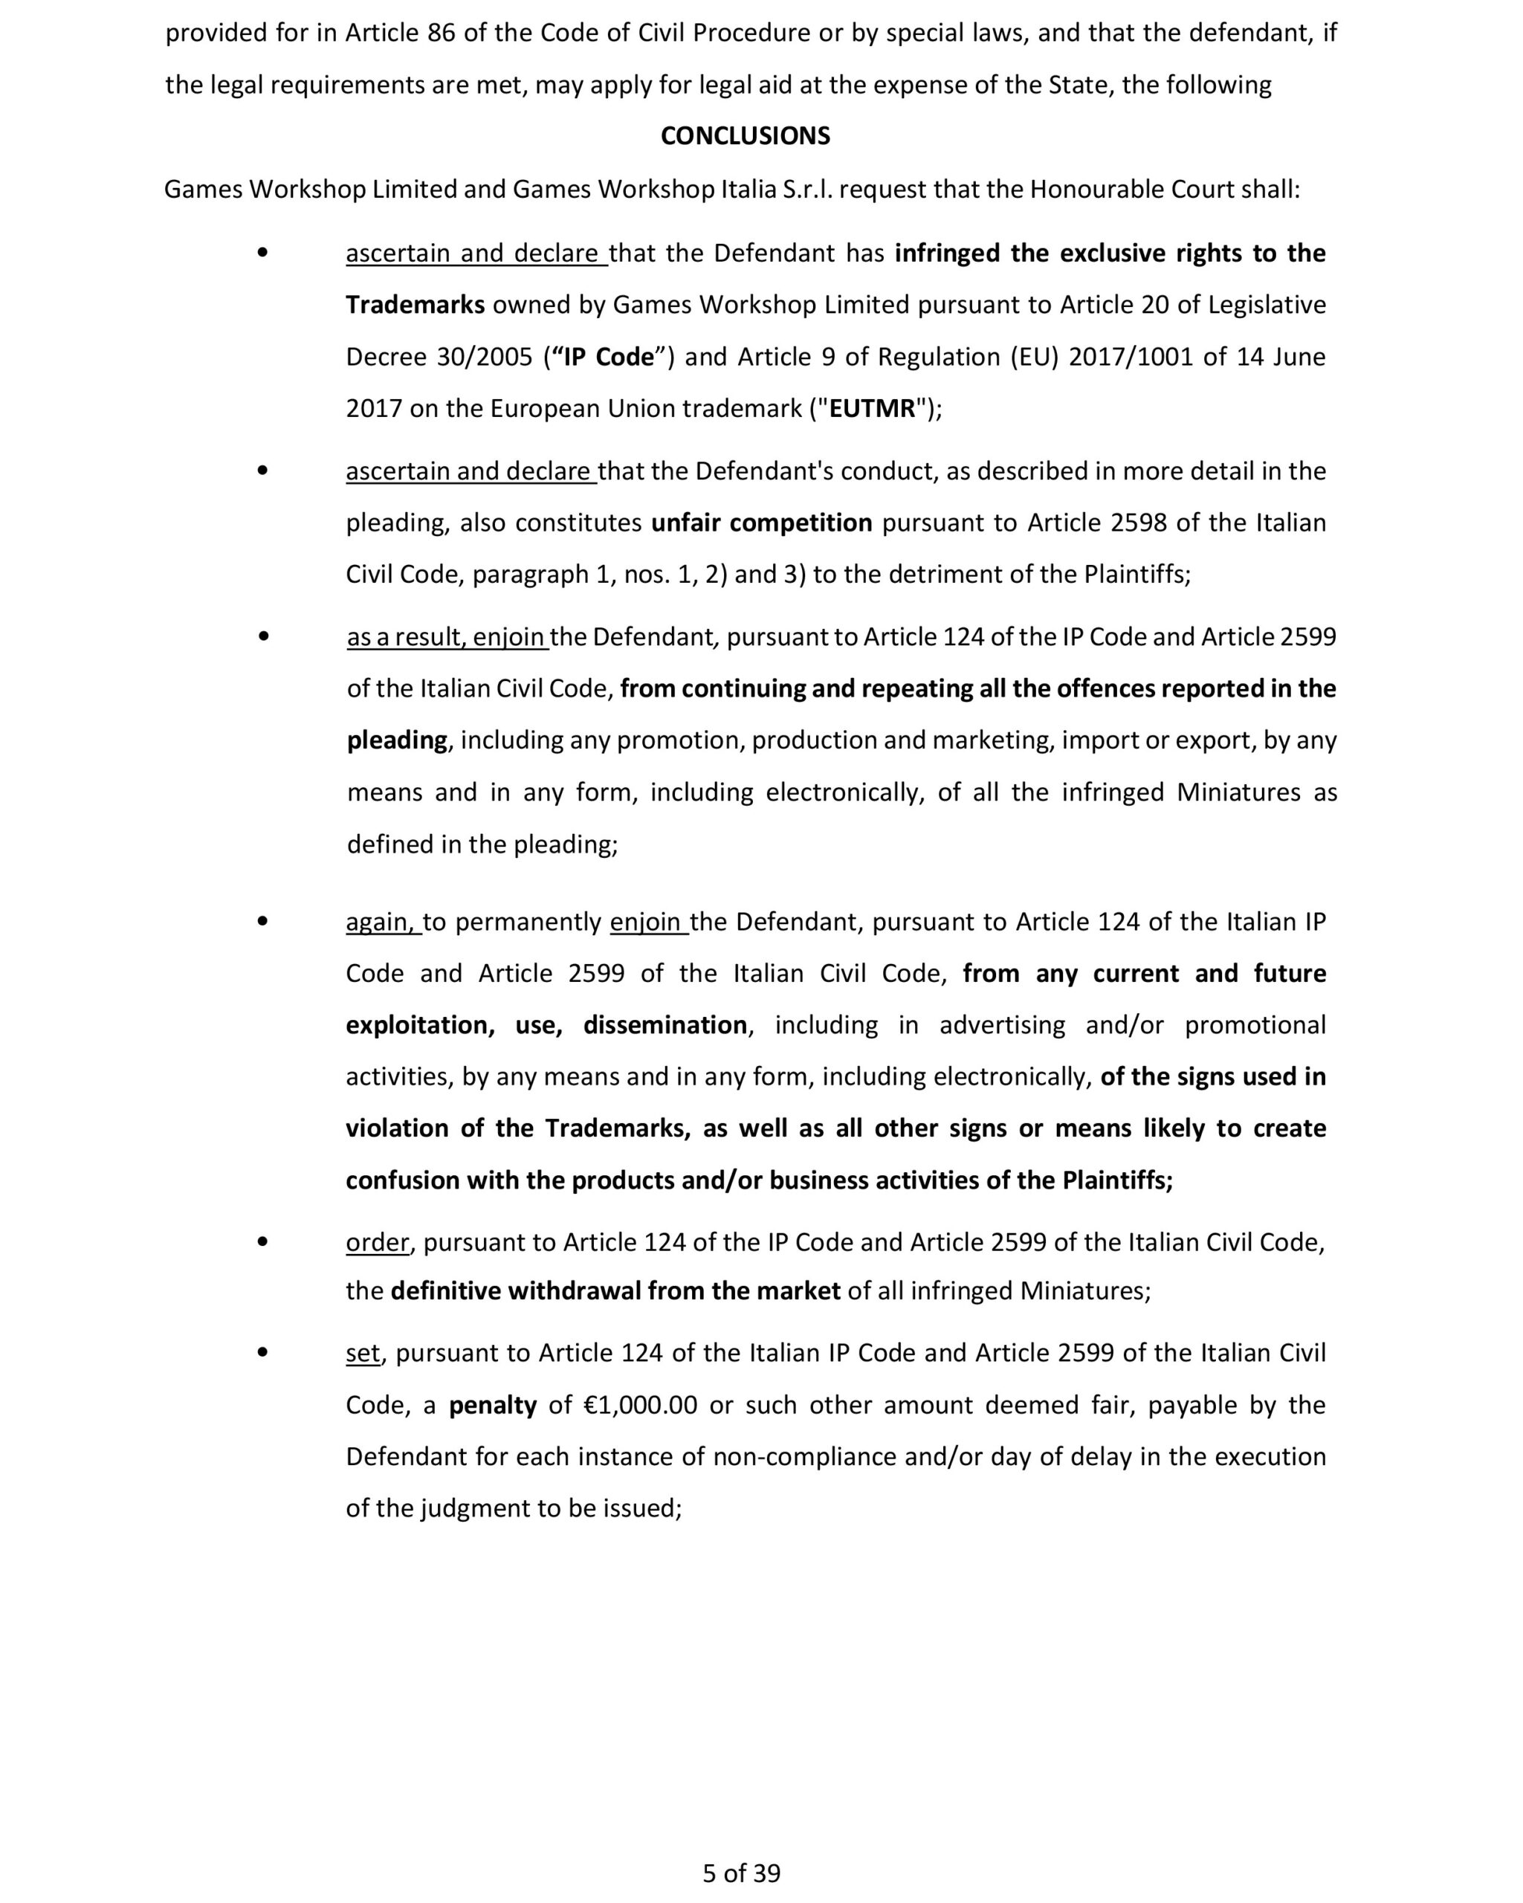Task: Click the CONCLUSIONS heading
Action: [745, 136]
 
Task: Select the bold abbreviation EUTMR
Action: [872, 409]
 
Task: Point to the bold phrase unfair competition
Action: [761, 523]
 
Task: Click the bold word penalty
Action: [492, 1405]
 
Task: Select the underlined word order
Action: [377, 1242]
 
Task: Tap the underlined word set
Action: [363, 1353]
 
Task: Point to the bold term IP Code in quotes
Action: [609, 357]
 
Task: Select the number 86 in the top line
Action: [442, 33]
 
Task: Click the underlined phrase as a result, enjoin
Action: [447, 636]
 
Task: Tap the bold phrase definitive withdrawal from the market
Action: [615, 1291]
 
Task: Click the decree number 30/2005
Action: [485, 357]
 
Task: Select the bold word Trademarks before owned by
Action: [415, 306]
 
